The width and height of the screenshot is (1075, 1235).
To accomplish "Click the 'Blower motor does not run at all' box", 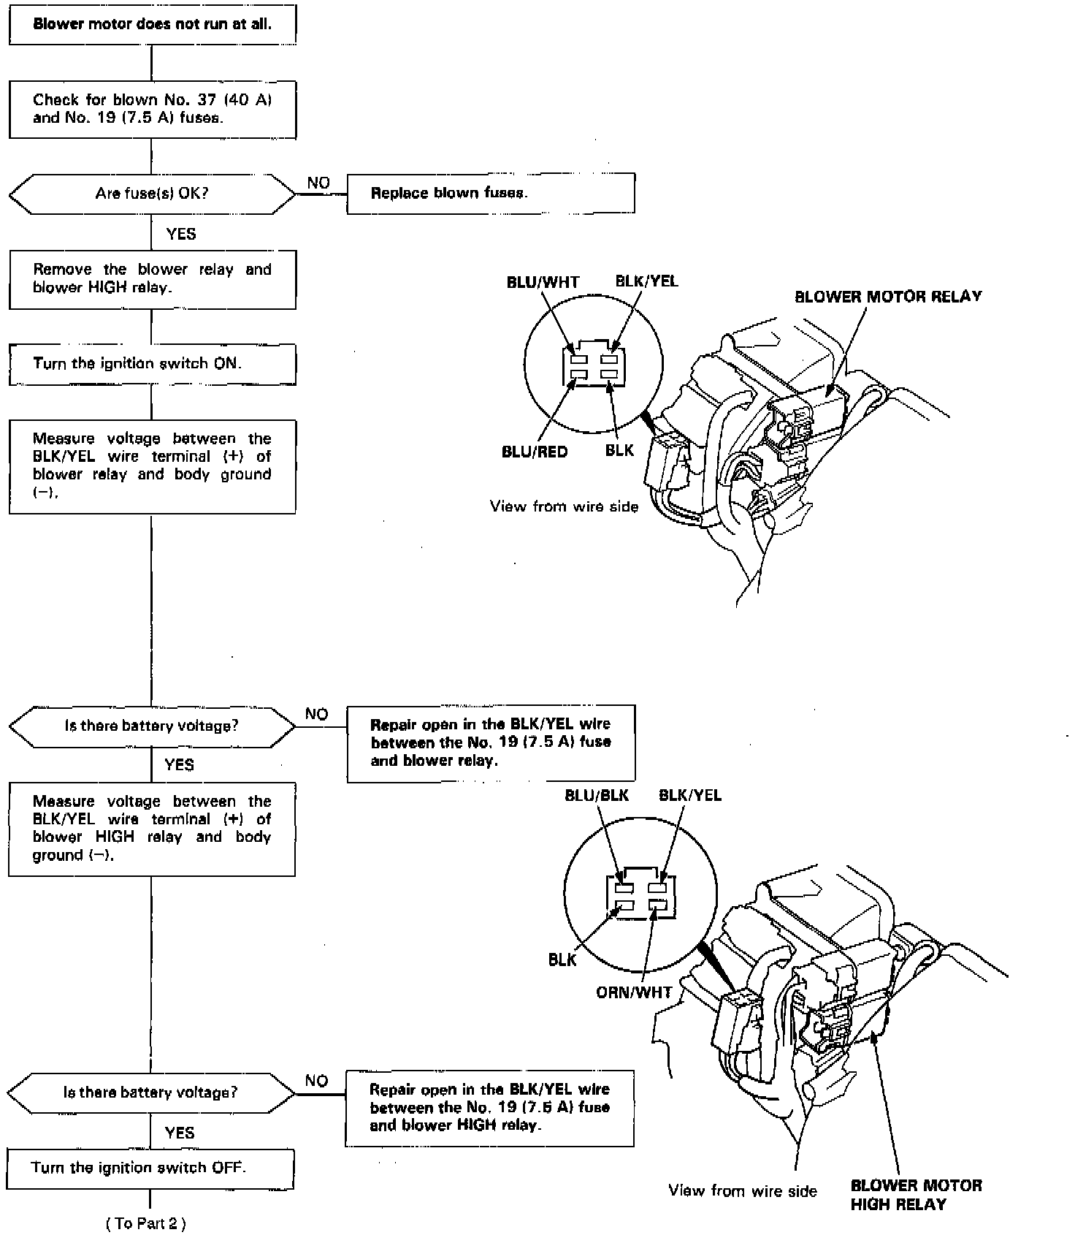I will [152, 24].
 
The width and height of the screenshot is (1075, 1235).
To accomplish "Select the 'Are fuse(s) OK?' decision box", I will [152, 194].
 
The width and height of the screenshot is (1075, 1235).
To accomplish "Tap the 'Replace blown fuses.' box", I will [490, 194].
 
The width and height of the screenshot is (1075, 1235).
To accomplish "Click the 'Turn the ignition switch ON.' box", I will [152, 363].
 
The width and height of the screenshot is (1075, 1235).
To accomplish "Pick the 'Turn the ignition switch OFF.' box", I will [150, 1168].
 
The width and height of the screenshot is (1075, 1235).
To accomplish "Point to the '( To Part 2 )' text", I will [146, 1223].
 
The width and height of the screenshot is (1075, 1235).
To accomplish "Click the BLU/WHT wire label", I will [543, 283].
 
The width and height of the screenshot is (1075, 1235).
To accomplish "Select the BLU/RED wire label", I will [535, 452].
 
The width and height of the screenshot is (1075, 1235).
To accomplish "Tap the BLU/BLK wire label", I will [597, 795].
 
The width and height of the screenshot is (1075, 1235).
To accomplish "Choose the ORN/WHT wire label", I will [634, 993].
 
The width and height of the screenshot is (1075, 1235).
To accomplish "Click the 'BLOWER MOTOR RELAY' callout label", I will [888, 297].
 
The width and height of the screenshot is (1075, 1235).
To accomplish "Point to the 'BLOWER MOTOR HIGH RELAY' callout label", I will [916, 1194].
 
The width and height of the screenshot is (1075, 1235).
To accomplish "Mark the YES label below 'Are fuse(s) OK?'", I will [181, 234].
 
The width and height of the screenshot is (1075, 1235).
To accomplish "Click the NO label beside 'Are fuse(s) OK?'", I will [318, 183].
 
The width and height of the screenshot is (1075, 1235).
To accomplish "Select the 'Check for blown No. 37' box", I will [152, 109].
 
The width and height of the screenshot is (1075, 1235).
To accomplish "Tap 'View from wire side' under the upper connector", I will [564, 506].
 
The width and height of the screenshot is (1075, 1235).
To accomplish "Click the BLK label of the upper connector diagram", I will [620, 450].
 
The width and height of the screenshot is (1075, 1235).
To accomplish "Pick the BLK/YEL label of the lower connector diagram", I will [690, 795].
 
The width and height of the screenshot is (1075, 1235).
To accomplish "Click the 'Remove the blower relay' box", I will [152, 278].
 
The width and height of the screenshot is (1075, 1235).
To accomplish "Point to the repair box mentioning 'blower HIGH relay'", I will [489, 1108].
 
